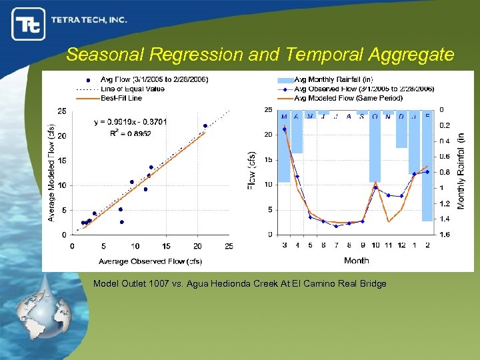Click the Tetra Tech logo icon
pos(29,23)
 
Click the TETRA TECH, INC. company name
pos(89,20)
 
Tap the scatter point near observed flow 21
pos(205,125)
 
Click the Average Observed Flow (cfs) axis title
pos(151,261)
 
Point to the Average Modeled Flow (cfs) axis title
pos(51,172)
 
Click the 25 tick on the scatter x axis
pos(229,246)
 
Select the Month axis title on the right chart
pos(356,260)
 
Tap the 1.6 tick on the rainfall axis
pos(444,235)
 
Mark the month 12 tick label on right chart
pos(401,245)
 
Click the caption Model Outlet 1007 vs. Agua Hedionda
pos(239,284)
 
